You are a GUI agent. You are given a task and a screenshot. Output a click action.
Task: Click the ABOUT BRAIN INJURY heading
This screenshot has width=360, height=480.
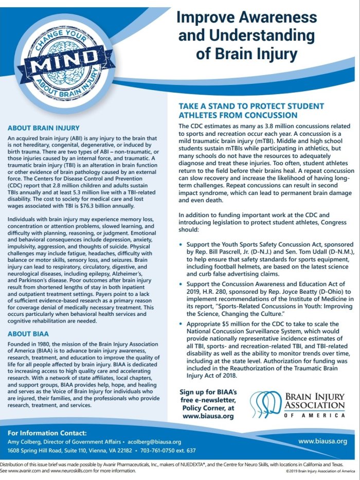(x=43, y=128)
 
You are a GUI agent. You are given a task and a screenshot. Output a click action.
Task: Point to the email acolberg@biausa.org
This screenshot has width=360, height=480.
(x=155, y=442)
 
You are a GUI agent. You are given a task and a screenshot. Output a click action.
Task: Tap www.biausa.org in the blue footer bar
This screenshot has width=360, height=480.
(x=322, y=441)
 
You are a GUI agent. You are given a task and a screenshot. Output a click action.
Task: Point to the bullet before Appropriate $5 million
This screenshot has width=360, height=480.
(x=181, y=324)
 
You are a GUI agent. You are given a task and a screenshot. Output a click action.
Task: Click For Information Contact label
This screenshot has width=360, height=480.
(x=47, y=433)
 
